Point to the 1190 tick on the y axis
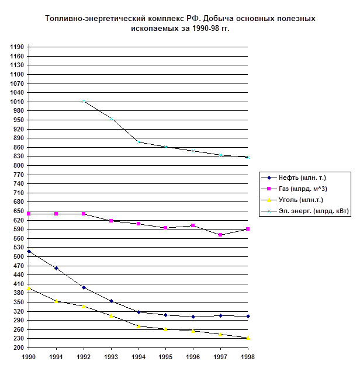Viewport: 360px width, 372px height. [17, 47]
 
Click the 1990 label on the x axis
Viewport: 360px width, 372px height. [29, 356]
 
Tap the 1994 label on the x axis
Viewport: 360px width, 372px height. [139, 356]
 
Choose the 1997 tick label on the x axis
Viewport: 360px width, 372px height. [220, 356]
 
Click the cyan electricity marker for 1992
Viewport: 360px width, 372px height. [84, 102]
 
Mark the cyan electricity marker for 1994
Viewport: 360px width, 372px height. [139, 142]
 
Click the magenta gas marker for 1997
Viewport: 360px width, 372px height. [220, 235]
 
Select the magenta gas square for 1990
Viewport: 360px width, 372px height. [29, 214]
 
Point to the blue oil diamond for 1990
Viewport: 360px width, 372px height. [29, 252]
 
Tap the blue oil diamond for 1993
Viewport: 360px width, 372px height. [111, 301]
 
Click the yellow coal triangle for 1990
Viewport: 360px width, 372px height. [29, 288]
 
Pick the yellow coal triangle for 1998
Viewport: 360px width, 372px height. [248, 338]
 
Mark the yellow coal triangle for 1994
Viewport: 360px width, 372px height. [139, 326]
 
